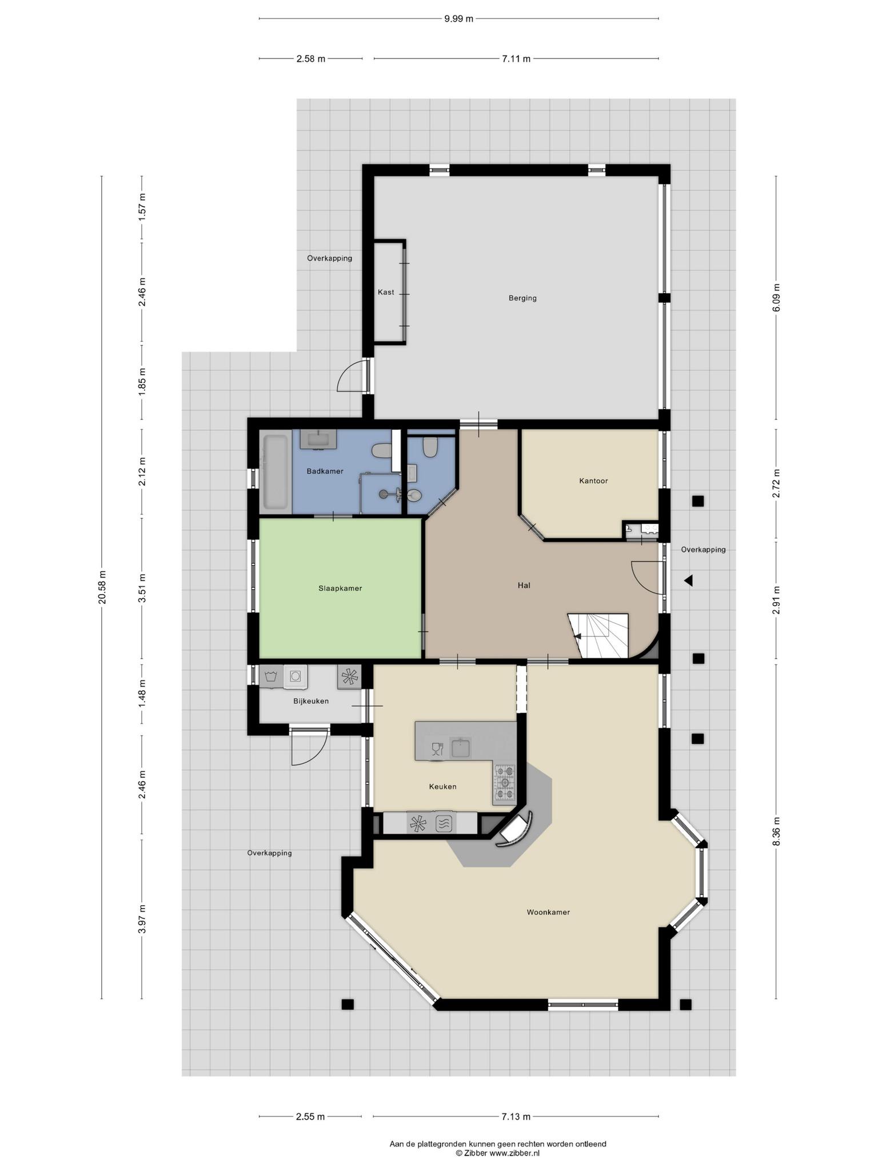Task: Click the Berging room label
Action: point(522,298)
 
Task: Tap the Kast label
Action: point(386,292)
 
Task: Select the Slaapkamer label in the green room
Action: point(340,588)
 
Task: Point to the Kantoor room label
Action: point(593,481)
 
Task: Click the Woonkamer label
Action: point(548,913)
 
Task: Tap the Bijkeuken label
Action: point(311,701)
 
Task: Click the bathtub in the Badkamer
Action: point(276,472)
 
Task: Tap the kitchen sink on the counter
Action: point(460,747)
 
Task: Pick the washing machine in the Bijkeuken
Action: point(296,676)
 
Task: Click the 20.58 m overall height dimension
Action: point(102,588)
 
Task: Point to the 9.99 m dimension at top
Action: point(459,18)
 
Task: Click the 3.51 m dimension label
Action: point(142,588)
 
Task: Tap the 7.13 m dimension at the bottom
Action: point(516,1116)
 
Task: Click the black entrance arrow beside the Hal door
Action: point(689,581)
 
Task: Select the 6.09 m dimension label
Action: point(776,298)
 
